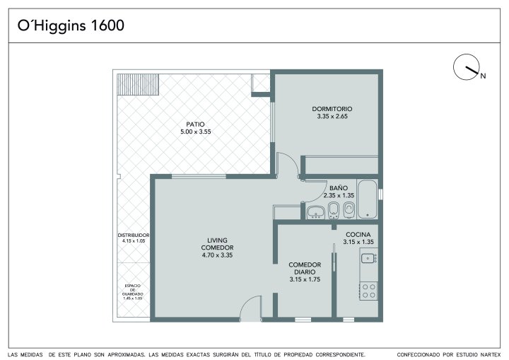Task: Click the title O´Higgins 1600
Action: (71, 25)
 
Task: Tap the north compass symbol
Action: (467, 67)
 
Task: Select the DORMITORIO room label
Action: (332, 109)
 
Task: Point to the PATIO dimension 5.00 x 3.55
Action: (196, 132)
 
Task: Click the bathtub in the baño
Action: (367, 199)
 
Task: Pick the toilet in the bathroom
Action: (349, 209)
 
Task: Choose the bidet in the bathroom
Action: (334, 210)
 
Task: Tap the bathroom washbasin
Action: (316, 212)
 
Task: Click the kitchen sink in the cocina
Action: (369, 258)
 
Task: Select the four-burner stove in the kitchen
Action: (369, 291)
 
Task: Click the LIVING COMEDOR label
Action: (217, 244)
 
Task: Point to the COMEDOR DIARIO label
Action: (305, 268)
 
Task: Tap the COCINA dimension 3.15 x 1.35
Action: (358, 242)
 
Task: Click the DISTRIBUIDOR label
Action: (134, 235)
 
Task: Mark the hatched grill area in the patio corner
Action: (138, 84)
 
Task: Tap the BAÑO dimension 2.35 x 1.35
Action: (339, 195)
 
